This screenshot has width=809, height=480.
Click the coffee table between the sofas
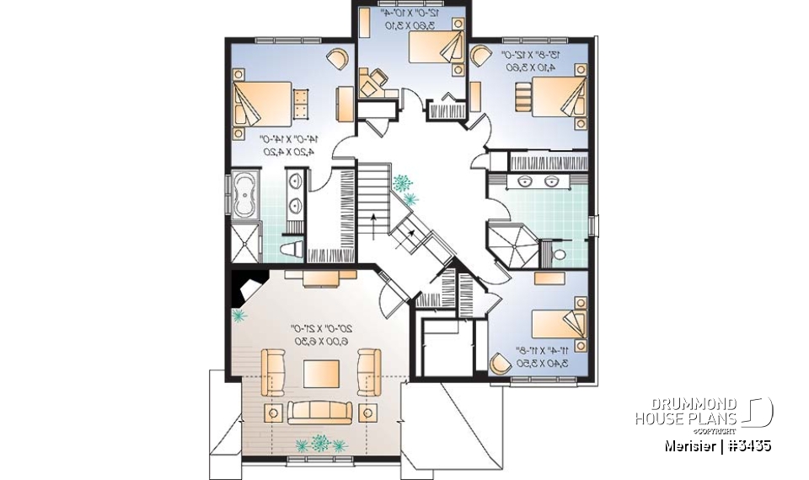(x=321, y=374)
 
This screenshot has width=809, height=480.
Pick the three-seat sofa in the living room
(x=321, y=412)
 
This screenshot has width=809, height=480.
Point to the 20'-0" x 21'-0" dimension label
(x=321, y=333)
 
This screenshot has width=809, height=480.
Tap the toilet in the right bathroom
(x=560, y=254)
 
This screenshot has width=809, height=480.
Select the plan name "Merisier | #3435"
(x=715, y=445)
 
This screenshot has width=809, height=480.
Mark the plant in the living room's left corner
(x=238, y=316)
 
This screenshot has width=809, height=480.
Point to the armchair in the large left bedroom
(x=336, y=58)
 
